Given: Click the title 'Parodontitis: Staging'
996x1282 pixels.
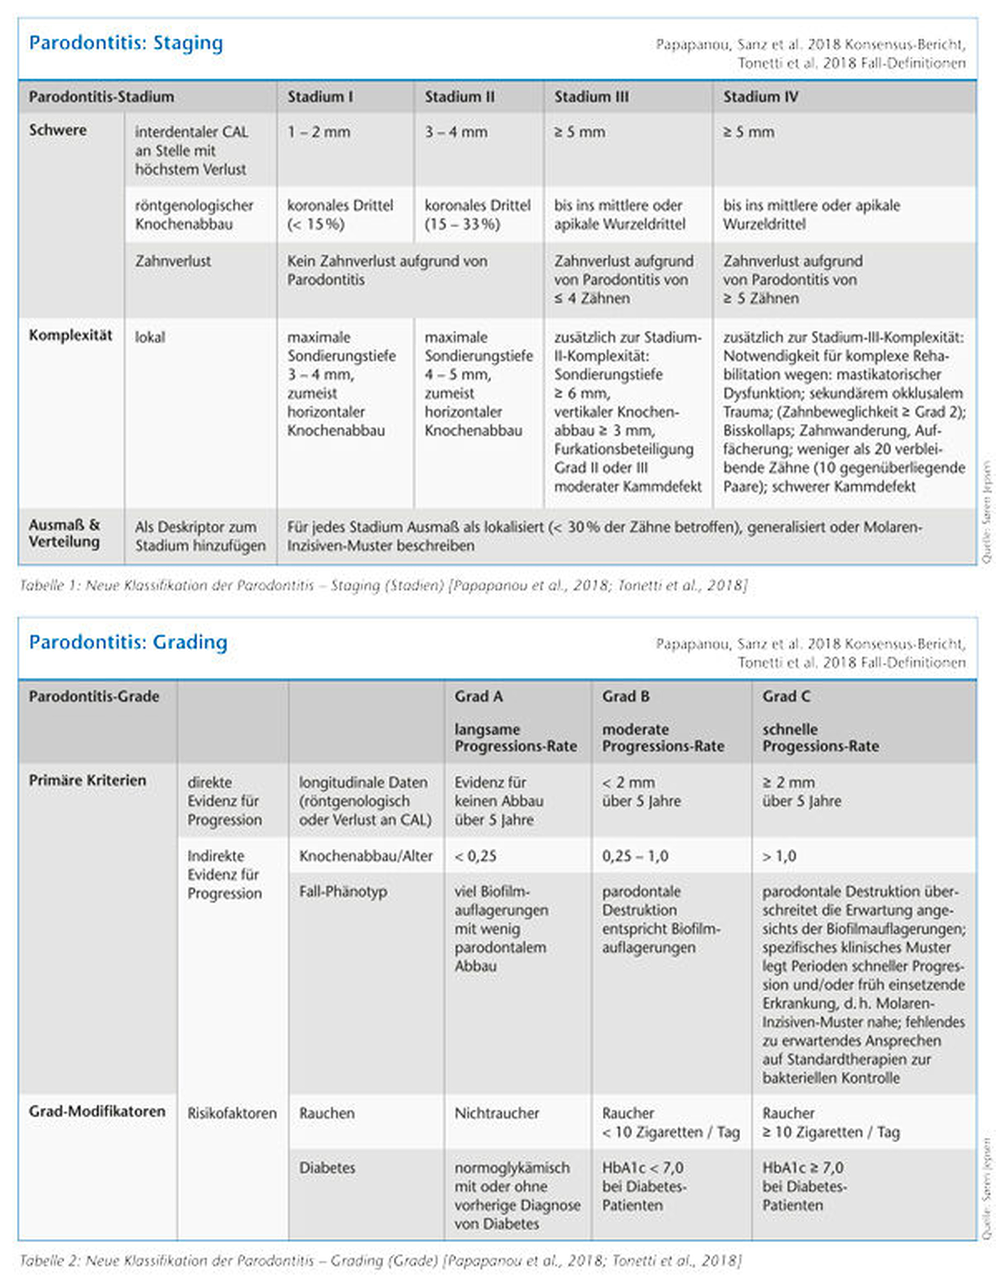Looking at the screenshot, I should click(126, 44).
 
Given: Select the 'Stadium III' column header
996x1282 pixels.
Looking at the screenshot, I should click(591, 97).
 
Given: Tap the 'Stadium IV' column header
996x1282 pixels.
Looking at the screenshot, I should click(760, 97).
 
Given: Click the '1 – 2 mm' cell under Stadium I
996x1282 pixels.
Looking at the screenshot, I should click(319, 132).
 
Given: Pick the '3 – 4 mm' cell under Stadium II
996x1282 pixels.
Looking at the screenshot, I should click(456, 132).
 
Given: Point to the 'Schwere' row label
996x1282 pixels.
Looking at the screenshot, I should click(58, 131).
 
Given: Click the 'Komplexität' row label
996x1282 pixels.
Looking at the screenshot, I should click(70, 335).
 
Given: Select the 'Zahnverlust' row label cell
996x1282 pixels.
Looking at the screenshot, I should click(172, 261).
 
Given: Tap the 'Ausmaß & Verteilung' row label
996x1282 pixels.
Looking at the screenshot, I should click(64, 533).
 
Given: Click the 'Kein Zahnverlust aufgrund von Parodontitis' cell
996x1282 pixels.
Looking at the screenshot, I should click(387, 270).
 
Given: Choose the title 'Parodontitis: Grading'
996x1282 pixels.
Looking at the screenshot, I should click(128, 642).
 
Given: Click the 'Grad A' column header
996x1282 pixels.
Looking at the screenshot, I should click(478, 696).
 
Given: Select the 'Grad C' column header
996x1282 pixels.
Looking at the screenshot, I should click(786, 696).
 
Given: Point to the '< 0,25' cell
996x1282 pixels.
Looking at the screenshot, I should click(475, 856).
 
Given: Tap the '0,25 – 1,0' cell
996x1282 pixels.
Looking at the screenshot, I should click(635, 856).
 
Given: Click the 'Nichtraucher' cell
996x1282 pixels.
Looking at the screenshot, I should click(496, 1113).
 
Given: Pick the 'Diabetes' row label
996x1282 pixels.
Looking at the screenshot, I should click(327, 1168).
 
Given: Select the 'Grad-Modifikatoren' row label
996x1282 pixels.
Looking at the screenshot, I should click(97, 1111).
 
